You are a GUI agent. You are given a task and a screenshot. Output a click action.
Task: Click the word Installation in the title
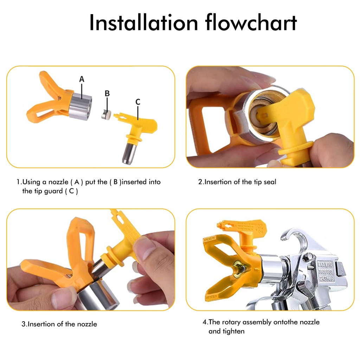pyautogui.click(x=143, y=22)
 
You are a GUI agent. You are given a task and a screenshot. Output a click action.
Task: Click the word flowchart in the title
pyautogui.click(x=251, y=22)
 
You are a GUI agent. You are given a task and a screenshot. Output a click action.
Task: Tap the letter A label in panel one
pyautogui.click(x=82, y=79)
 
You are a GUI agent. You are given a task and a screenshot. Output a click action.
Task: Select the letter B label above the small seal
pyautogui.click(x=107, y=94)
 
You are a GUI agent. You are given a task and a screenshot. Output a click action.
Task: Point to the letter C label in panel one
pyautogui.click(x=138, y=102)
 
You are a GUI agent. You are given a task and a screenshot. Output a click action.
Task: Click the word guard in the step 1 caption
pyautogui.click(x=53, y=191)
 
